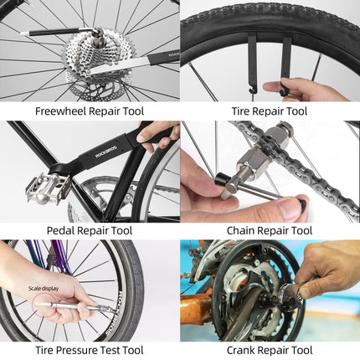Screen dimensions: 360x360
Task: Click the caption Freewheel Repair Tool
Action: [x=90, y=111]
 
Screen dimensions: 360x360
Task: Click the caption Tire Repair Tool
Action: [x=270, y=111]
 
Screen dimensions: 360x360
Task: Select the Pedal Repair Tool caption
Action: [x=90, y=230]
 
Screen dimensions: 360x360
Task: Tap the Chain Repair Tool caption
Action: [x=270, y=230]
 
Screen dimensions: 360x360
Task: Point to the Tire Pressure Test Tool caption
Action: [x=90, y=350]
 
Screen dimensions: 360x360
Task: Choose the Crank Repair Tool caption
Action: [x=270, y=350]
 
